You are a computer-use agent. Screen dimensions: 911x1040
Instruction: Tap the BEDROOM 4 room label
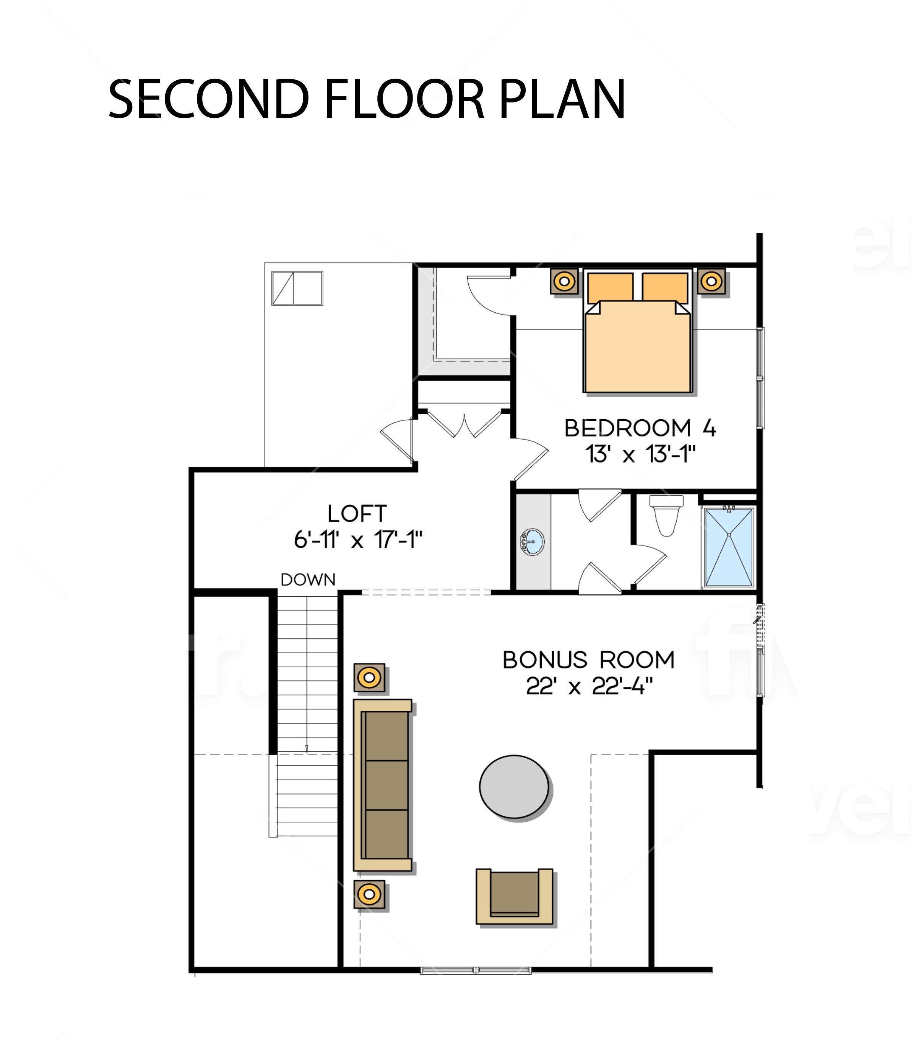[x=640, y=428]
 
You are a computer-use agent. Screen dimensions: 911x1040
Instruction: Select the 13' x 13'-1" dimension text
[x=640, y=454]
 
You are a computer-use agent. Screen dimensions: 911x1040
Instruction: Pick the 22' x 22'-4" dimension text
[x=589, y=687]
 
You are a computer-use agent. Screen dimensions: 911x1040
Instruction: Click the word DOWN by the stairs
[x=308, y=580]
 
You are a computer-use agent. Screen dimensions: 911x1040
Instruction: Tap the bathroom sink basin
[x=532, y=542]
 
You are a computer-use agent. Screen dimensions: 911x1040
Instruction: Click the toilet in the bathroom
[x=666, y=516]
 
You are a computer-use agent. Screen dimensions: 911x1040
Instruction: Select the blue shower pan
[x=729, y=547]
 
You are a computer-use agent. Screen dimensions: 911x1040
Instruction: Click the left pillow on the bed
[x=611, y=288]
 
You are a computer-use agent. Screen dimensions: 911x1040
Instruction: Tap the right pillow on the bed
[x=665, y=288]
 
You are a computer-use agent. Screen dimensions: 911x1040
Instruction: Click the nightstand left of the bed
[x=564, y=281]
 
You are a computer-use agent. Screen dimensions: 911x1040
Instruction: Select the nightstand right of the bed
[x=712, y=281]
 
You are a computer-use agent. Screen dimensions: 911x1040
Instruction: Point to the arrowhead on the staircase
[x=307, y=749]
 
